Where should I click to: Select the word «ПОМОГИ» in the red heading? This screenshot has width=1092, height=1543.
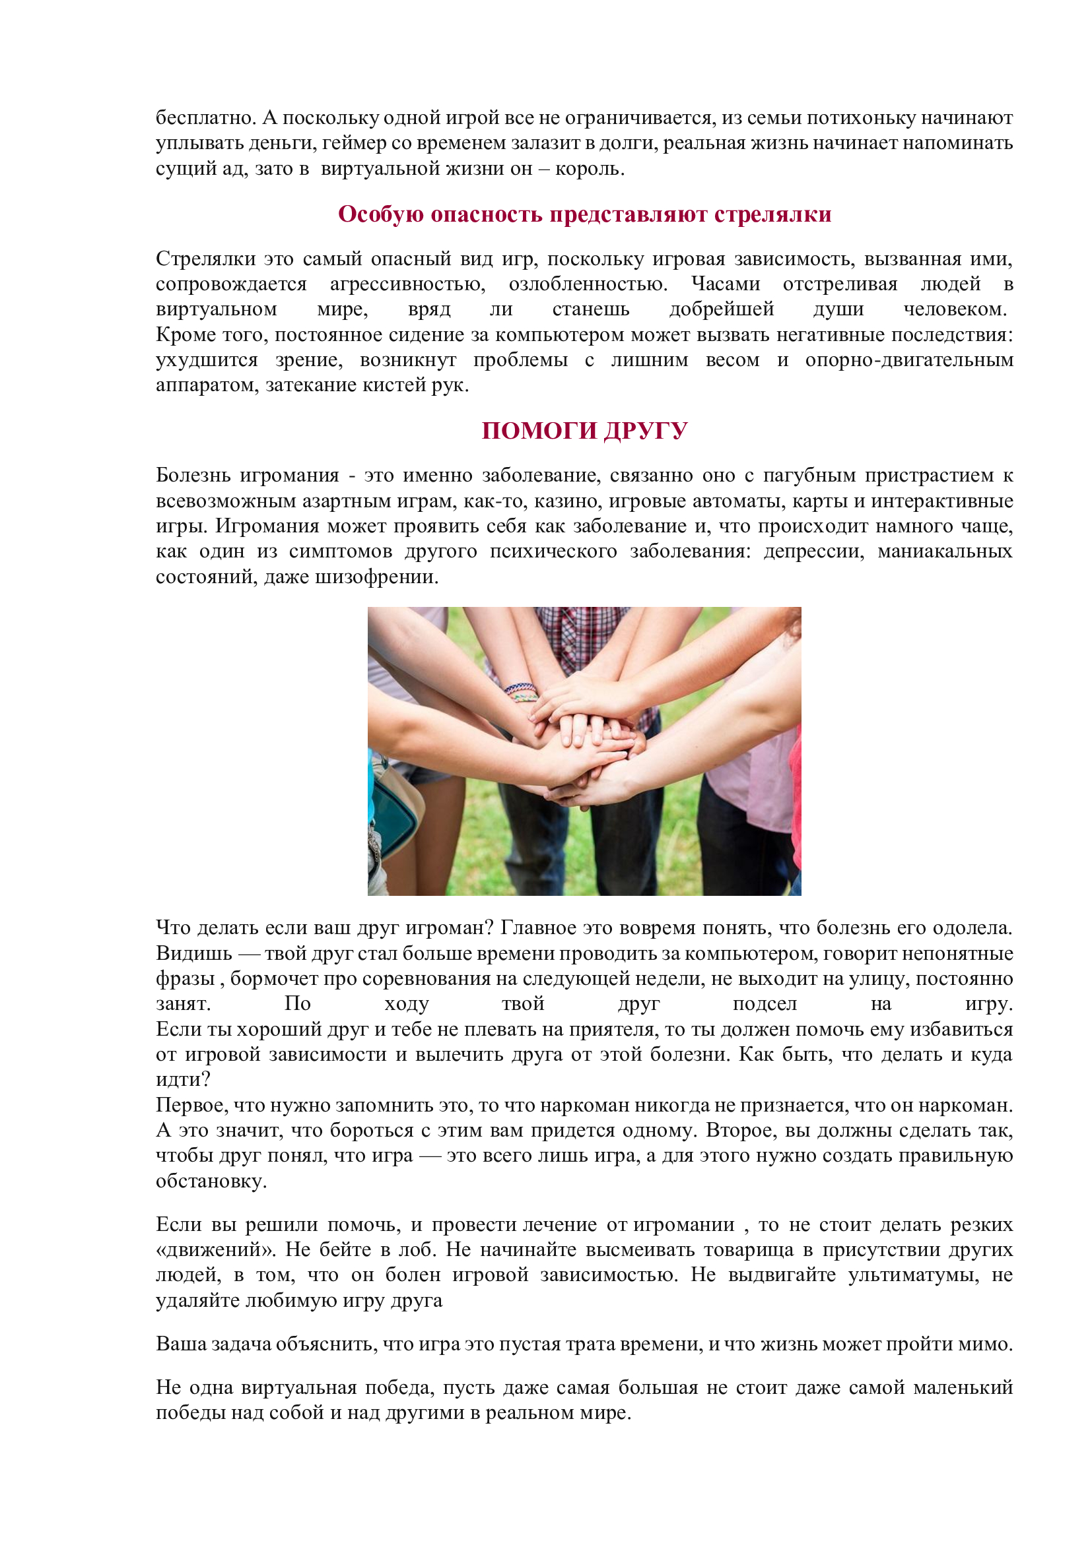point(539,431)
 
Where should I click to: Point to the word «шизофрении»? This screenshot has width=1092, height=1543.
point(376,577)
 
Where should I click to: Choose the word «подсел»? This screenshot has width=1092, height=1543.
point(764,1004)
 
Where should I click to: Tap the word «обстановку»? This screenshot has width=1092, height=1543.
point(211,1181)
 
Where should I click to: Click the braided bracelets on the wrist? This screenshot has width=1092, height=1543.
point(522,691)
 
